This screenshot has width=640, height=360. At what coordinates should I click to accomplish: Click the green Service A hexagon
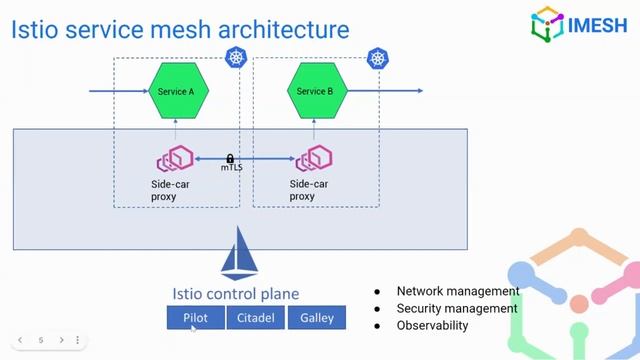176,91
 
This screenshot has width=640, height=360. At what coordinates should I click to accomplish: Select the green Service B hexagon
314,91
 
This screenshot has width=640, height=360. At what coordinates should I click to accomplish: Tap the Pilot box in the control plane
195,318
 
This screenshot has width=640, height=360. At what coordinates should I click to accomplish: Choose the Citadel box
255,318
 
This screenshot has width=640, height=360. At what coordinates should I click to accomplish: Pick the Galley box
316,318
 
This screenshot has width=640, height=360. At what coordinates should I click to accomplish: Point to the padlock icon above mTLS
230,158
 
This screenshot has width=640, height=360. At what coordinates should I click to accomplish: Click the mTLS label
231,168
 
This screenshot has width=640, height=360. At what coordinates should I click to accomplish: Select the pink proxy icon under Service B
313,158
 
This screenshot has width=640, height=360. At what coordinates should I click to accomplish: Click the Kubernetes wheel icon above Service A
236,58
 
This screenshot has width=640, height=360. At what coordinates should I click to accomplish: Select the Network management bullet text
457,291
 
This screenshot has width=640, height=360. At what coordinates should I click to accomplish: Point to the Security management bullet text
457,308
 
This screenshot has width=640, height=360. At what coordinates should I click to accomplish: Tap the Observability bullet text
432,325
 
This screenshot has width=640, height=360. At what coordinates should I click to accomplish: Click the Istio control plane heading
235,294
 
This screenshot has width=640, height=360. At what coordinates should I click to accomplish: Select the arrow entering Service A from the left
118,91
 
